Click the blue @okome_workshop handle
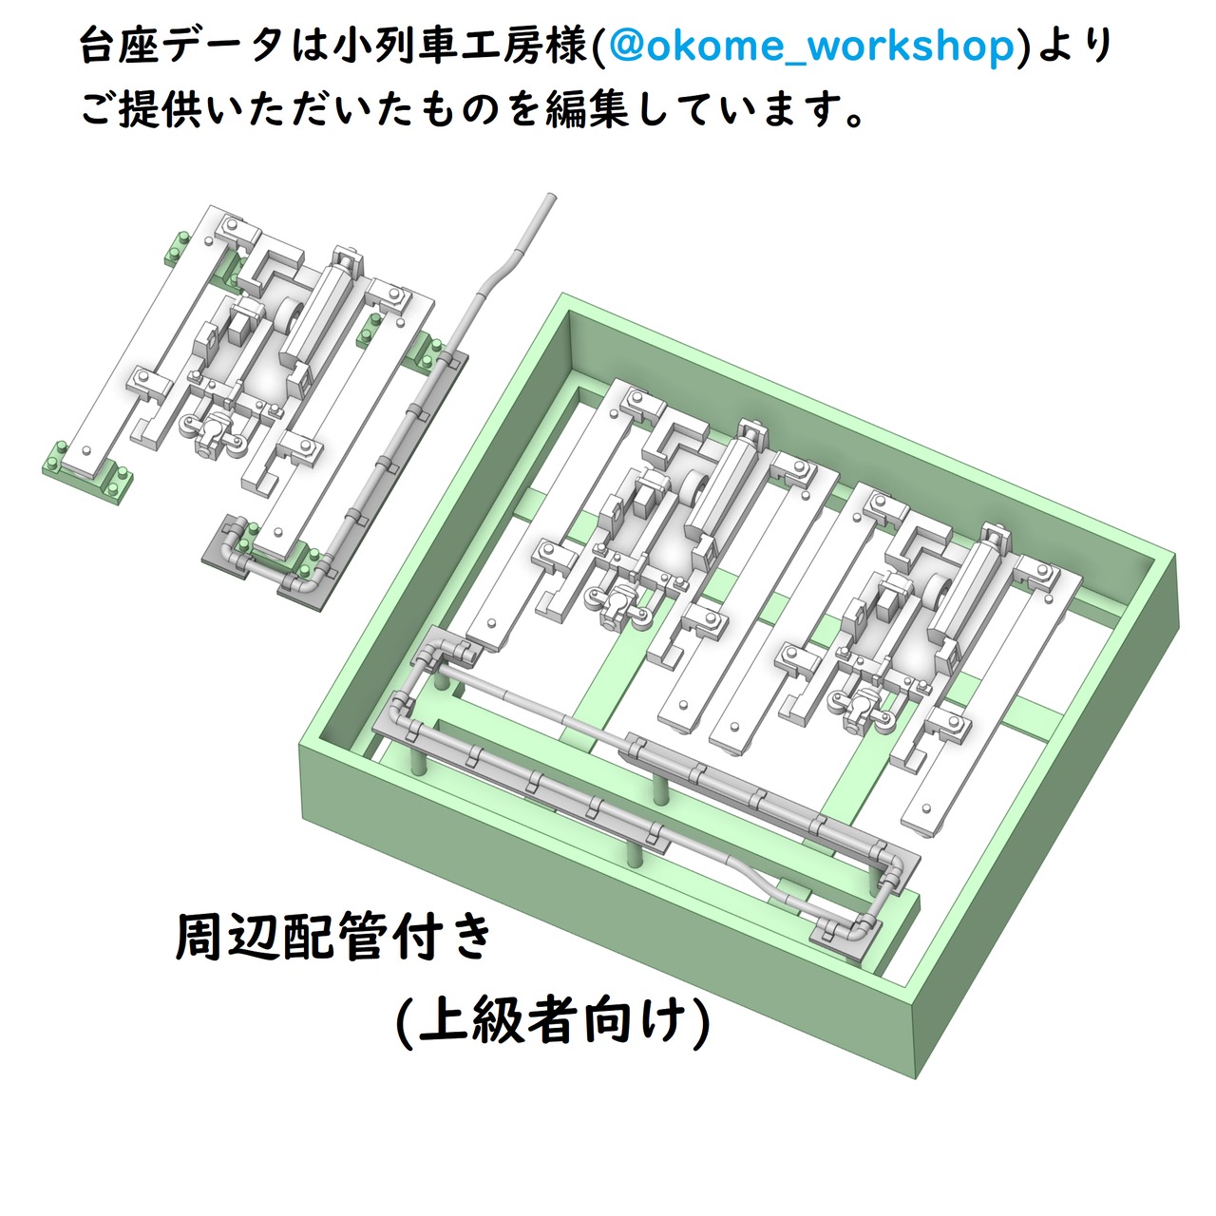coord(813,47)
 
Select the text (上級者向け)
coord(553,1021)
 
